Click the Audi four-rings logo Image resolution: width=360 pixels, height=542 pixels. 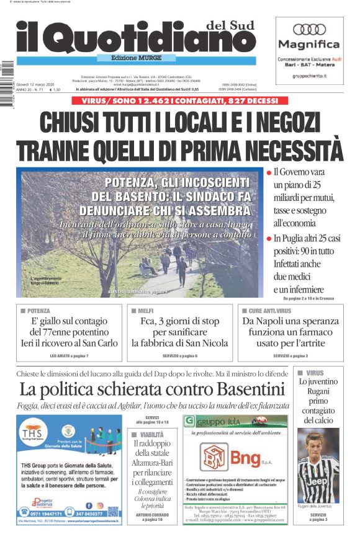pyautogui.click(x=309, y=29)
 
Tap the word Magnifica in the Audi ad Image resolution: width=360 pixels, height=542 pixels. pyautogui.click(x=309, y=45)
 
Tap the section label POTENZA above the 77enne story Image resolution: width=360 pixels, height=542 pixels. pyautogui.click(x=38, y=310)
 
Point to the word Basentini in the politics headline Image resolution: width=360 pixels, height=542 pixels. pyautogui.click(x=242, y=389)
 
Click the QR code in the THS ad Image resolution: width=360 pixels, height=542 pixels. pyautogui.click(x=112, y=512)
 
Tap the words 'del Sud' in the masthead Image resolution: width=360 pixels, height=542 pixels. pyautogui.click(x=230, y=25)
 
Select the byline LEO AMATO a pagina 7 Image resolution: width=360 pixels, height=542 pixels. pyautogui.click(x=69, y=356)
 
